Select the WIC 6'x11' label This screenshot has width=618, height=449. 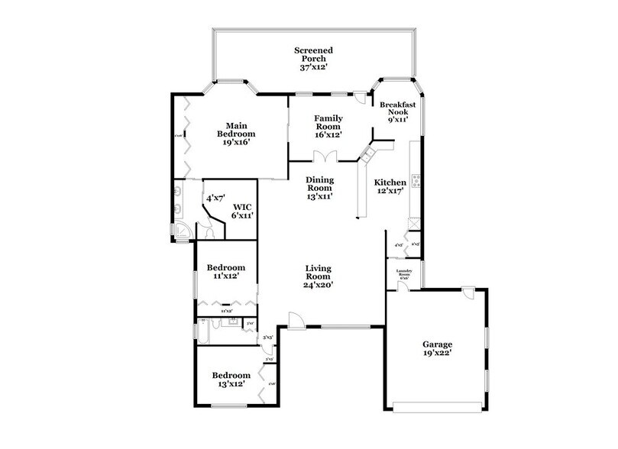[x=243, y=211]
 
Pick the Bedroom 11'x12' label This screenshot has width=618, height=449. [x=226, y=272]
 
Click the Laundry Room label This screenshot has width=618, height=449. [x=404, y=273]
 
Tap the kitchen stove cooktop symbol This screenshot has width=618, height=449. [x=417, y=181]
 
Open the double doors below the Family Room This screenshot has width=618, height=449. [x=324, y=156]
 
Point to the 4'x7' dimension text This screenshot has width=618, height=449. [x=215, y=199]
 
